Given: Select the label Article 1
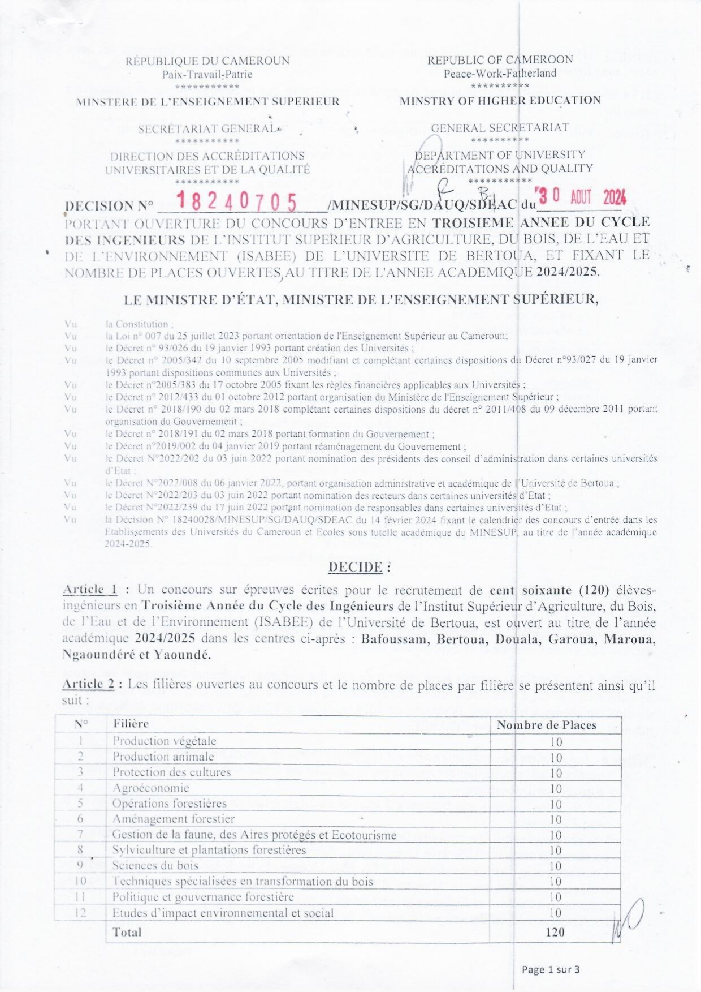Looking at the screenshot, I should pyautogui.click(x=90, y=590).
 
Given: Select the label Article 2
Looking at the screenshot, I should pyautogui.click(x=88, y=684).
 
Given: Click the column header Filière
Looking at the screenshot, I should pyautogui.click(x=131, y=723).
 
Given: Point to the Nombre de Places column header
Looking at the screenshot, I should pyautogui.click(x=546, y=725).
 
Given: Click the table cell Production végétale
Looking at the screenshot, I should pyautogui.click(x=164, y=741).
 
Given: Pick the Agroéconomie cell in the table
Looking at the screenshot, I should pyautogui.click(x=150, y=788).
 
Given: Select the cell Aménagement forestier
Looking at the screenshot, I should pyautogui.click(x=173, y=819).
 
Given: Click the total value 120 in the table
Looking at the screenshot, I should pyautogui.click(x=555, y=932).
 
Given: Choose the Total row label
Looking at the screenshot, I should pyautogui.click(x=127, y=932).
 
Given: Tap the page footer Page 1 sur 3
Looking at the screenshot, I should pyautogui.click(x=551, y=969).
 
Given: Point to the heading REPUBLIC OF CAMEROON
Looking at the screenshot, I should pyautogui.click(x=500, y=60).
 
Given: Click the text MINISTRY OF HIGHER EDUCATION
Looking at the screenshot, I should pyautogui.click(x=500, y=101).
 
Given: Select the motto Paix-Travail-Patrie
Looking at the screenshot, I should pyautogui.click(x=207, y=74).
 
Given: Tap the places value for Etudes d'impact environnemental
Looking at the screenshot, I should pyautogui.click(x=555, y=913).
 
